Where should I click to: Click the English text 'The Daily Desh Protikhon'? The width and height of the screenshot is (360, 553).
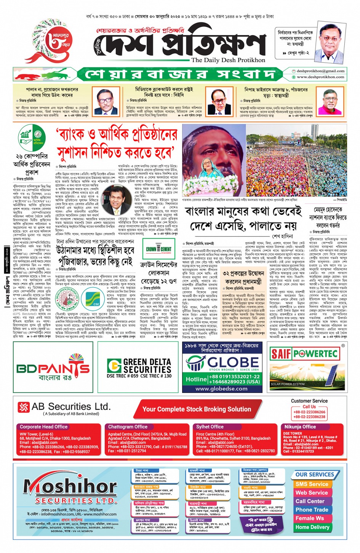tap(228, 60)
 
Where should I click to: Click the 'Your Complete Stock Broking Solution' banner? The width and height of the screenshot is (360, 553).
tap(197, 409)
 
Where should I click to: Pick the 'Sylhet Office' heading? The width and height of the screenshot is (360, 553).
tap(210, 427)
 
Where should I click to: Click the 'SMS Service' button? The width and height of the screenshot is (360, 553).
tap(312, 484)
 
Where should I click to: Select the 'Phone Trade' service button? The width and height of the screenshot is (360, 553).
tap(312, 510)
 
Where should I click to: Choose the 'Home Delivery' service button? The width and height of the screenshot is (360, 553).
tap(312, 527)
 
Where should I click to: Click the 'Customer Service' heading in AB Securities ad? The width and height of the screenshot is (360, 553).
tap(309, 401)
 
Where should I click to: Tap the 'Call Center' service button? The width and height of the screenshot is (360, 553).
tap(310, 501)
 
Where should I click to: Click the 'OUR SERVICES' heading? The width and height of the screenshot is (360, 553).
tap(315, 475)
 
